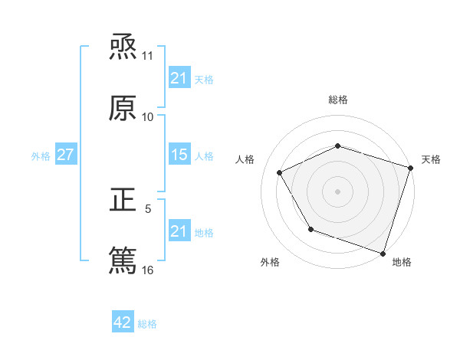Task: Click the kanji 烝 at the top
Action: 123,47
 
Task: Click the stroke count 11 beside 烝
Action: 147,57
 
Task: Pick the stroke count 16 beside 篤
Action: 147,270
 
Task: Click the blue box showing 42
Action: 123,322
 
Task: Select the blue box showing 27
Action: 65,155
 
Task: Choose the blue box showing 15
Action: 179,155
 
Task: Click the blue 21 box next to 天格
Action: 179,77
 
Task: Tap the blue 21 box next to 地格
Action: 179,231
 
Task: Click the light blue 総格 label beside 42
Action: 147,324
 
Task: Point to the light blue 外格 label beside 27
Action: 41,155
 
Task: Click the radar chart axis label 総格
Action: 338,100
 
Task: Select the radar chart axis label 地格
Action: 402,262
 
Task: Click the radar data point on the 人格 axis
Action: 279,172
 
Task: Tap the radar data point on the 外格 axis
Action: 310,229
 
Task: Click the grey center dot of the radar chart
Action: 338,191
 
